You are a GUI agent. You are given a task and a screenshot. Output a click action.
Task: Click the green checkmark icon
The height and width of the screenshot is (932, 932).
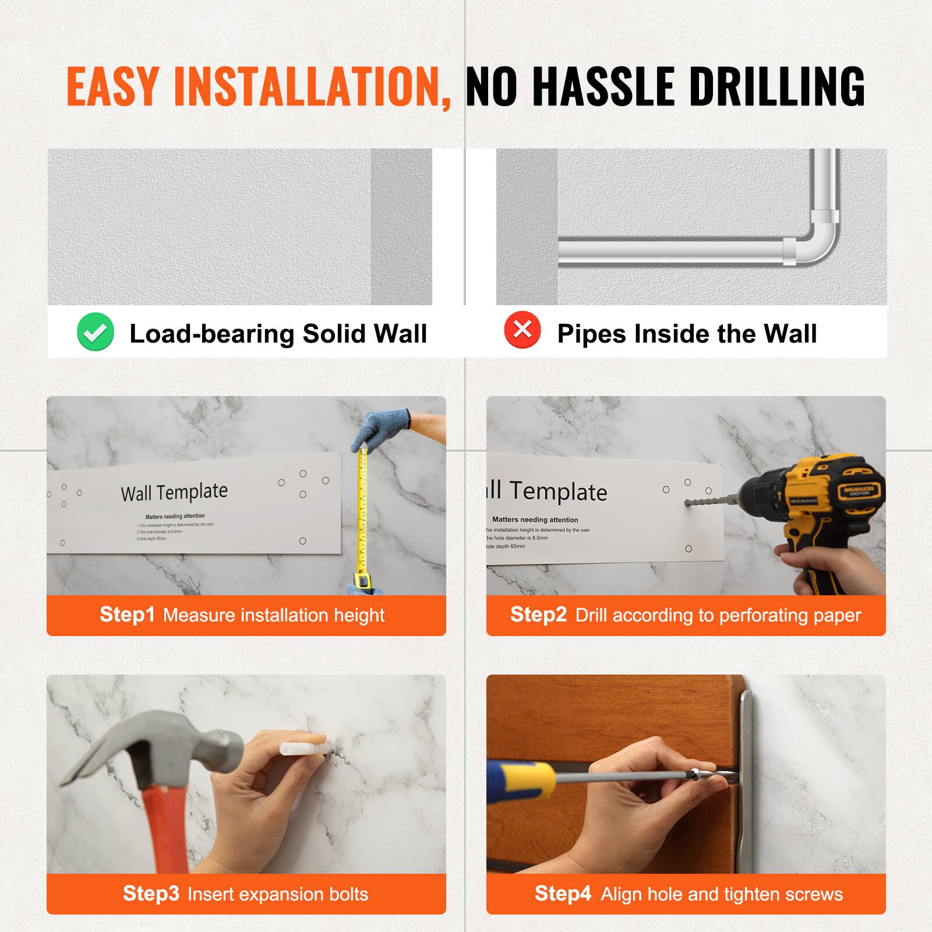click(x=95, y=332)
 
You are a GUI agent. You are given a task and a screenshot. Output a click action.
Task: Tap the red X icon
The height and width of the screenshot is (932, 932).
click(x=523, y=330)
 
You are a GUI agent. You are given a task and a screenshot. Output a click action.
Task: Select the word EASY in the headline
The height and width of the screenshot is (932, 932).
click(x=113, y=87)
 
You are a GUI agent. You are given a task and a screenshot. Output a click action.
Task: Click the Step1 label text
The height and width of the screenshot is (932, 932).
click(x=127, y=615)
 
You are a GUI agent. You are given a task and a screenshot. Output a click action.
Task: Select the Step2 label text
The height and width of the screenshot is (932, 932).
click(x=538, y=615)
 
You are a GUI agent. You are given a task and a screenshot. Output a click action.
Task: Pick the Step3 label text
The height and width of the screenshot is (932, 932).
click(x=151, y=893)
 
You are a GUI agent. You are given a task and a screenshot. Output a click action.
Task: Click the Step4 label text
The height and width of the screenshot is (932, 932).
click(x=563, y=893)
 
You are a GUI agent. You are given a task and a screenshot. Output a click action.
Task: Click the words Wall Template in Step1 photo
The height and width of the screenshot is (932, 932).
click(x=174, y=492)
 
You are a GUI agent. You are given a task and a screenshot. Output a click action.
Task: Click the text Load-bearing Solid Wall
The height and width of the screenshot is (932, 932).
click(x=278, y=334)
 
